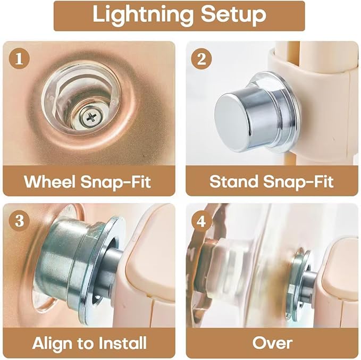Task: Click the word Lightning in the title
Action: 143,15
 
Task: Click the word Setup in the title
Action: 233,14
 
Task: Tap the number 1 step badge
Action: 19,58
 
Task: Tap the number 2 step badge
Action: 202,58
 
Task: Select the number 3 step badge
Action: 19,221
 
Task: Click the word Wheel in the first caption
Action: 49,181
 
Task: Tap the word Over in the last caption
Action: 272,343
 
